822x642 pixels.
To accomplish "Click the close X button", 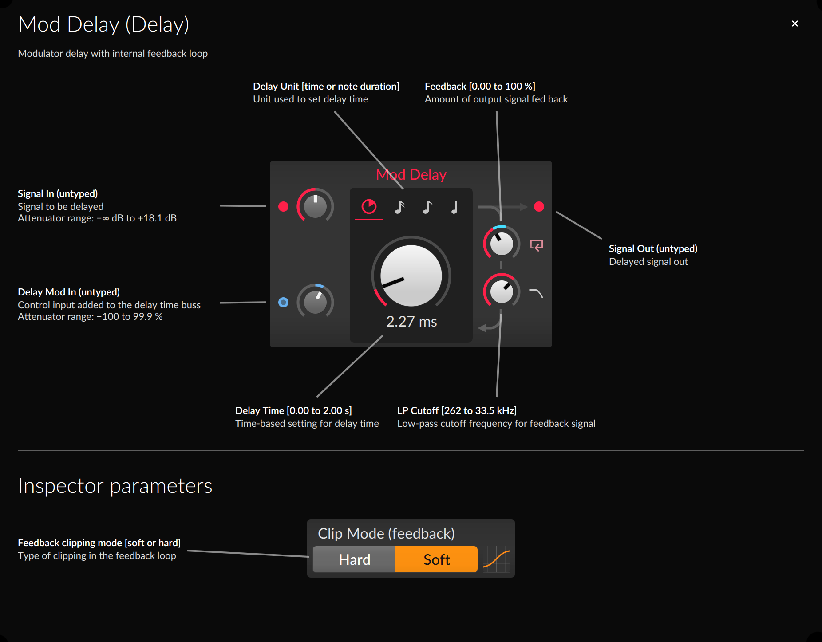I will tap(794, 24).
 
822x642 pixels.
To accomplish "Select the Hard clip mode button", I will tap(354, 559).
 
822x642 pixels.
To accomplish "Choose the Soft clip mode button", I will tap(436, 559).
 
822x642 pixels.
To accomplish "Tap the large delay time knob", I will tap(411, 276).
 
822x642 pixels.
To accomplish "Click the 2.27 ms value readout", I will tap(411, 322).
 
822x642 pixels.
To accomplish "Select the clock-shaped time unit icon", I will tap(369, 207).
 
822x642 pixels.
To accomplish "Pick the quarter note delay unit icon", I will tap(454, 207).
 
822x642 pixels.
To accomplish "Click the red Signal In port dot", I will tap(283, 206).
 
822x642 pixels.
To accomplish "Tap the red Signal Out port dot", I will tap(539, 206).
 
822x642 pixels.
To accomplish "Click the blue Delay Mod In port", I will tap(283, 302).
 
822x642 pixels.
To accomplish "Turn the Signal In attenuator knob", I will tap(315, 206).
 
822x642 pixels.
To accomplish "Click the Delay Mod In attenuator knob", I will tap(315, 302).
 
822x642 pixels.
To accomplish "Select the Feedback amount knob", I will tap(502, 244).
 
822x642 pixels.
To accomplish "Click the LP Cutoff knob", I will tap(502, 291).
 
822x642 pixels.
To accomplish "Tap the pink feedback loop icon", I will tap(537, 245).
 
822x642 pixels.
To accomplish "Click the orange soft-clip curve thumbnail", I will tap(496, 559).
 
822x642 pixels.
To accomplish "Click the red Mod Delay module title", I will tap(411, 175).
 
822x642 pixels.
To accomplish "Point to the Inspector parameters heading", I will tap(115, 486).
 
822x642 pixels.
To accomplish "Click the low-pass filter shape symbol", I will tap(536, 293).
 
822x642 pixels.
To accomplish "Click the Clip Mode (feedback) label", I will tap(386, 533).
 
